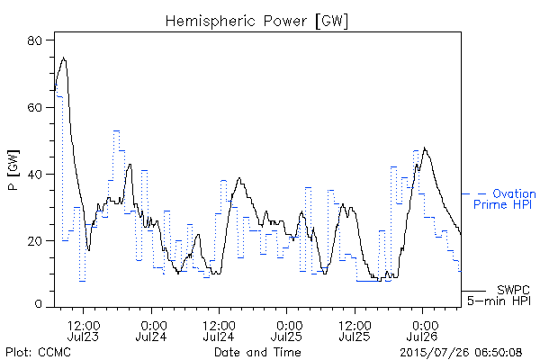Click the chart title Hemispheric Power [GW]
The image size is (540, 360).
pos(256,22)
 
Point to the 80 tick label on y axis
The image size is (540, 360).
pos(34,40)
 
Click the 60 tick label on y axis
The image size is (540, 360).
pos(34,107)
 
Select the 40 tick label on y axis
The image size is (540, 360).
pos(34,175)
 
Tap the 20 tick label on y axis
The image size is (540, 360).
pos(34,241)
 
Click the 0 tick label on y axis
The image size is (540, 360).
pos(38,304)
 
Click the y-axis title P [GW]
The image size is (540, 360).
pos(13,170)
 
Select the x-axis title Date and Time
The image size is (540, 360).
pos(257,352)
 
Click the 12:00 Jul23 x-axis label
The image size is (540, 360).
pos(84,330)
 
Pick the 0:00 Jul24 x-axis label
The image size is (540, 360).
pos(151,330)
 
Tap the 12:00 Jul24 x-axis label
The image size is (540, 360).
pos(219,330)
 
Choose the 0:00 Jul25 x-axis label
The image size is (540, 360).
pos(286,330)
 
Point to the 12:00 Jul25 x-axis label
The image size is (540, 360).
pos(355,330)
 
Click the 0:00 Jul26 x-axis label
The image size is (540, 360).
pos(423,330)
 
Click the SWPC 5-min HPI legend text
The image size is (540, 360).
pos(499,295)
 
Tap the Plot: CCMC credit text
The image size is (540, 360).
pos(38,352)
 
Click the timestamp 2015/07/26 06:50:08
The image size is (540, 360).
pos(461,353)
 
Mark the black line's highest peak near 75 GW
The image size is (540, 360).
pos(63,58)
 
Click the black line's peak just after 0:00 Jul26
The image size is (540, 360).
pos(425,148)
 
